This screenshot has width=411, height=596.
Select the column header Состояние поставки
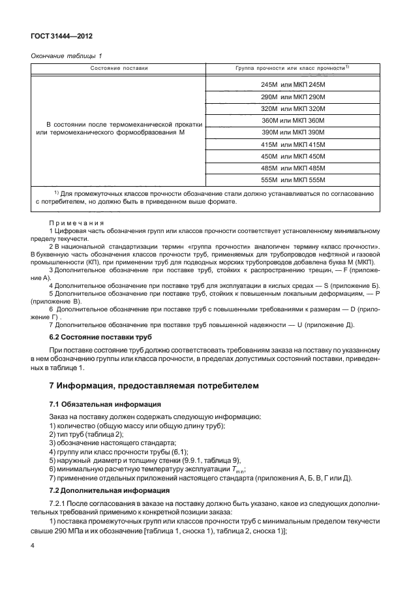[x=119, y=68]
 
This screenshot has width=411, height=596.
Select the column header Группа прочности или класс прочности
[x=289, y=68]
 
